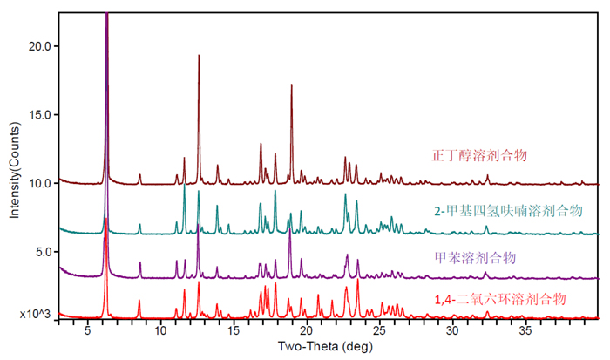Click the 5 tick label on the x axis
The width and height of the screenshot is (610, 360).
[87, 331]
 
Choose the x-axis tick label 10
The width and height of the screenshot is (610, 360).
[160, 331]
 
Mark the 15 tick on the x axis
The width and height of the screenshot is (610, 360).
[233, 331]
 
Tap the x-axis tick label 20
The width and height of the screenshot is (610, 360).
[306, 331]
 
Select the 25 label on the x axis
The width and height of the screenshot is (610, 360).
[379, 331]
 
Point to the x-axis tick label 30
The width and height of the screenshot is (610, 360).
[452, 331]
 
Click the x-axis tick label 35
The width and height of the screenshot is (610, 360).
[525, 331]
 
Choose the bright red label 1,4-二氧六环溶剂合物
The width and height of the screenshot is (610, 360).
[501, 299]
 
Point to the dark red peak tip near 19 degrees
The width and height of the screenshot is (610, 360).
[291, 85]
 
